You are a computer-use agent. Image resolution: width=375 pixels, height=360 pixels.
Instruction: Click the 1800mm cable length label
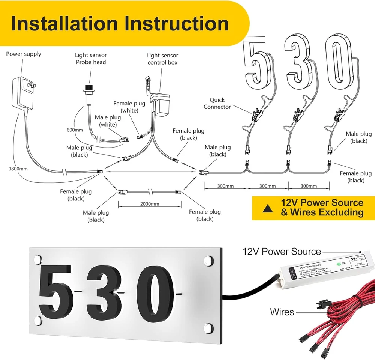[18, 169]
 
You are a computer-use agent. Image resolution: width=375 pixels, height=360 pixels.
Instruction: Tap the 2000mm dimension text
[150, 204]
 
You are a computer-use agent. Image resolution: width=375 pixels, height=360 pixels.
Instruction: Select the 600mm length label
[75, 130]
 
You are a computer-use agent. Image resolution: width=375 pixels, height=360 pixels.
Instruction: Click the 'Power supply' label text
[24, 54]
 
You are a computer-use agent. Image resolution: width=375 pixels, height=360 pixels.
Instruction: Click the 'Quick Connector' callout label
[217, 103]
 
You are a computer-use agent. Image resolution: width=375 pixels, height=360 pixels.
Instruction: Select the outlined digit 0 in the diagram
[339, 62]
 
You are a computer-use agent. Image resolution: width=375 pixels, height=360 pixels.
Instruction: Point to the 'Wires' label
[282, 312]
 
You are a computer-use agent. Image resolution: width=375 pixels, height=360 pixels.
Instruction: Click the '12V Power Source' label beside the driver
[282, 251]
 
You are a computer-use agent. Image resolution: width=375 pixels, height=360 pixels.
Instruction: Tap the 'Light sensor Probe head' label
[91, 59]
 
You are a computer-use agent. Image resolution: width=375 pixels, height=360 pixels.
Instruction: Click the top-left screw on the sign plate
[38, 259]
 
